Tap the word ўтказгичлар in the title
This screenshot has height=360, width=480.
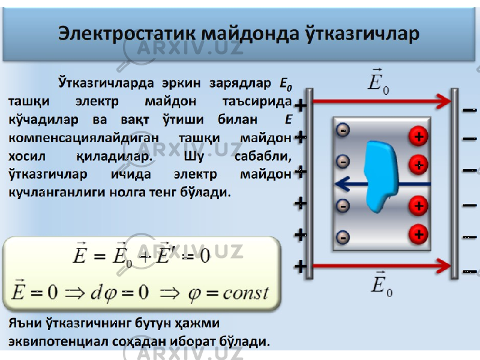coord(362,34)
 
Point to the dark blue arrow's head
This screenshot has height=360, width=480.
coord(342,184)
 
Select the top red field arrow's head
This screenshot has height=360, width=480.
coord(444,101)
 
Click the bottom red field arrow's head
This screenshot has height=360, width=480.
coord(444,266)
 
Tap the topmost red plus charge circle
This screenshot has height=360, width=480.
coord(418,136)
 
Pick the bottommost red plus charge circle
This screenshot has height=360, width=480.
coord(418,235)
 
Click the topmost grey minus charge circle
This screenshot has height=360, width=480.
coord(343,130)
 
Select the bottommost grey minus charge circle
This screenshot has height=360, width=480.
coord(343,237)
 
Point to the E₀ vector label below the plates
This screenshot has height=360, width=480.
coord(382,284)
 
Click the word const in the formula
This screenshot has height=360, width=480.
coord(246,293)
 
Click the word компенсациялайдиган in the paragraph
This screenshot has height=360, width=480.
coord(83,139)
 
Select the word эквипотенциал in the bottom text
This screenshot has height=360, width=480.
coord(57,341)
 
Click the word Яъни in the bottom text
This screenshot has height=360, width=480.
coord(25,323)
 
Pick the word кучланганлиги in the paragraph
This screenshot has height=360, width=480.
coord(56,193)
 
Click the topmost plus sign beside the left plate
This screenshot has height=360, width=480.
coord(301,106)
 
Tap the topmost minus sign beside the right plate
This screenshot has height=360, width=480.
coord(470,110)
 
